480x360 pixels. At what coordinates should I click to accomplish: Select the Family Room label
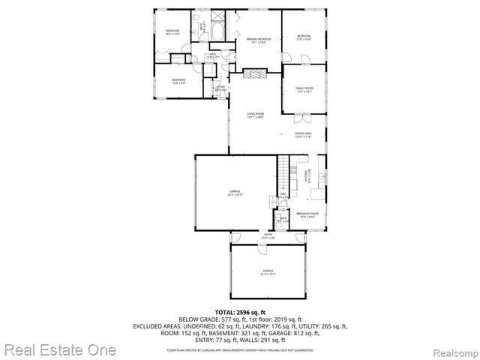click(304, 89)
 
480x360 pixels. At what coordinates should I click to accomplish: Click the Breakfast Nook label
click(306, 215)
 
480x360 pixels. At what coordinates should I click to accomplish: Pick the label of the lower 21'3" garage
click(268, 271)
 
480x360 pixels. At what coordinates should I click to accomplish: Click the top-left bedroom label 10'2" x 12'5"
click(175, 31)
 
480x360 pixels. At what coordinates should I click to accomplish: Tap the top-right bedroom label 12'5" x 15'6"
click(303, 37)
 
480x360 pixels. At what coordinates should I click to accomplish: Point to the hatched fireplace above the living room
click(256, 73)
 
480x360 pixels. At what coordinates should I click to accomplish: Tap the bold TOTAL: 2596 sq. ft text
click(241, 311)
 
